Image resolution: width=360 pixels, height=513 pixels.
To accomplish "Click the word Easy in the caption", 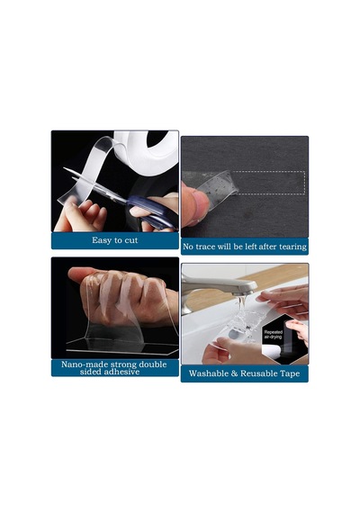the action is [102, 240].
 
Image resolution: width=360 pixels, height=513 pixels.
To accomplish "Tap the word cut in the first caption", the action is [130, 240].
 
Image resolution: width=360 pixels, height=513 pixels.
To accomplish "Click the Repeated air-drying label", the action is [274, 335].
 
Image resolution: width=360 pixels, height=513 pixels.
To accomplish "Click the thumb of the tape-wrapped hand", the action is [83, 274].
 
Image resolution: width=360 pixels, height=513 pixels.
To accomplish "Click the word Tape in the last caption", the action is [290, 373].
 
